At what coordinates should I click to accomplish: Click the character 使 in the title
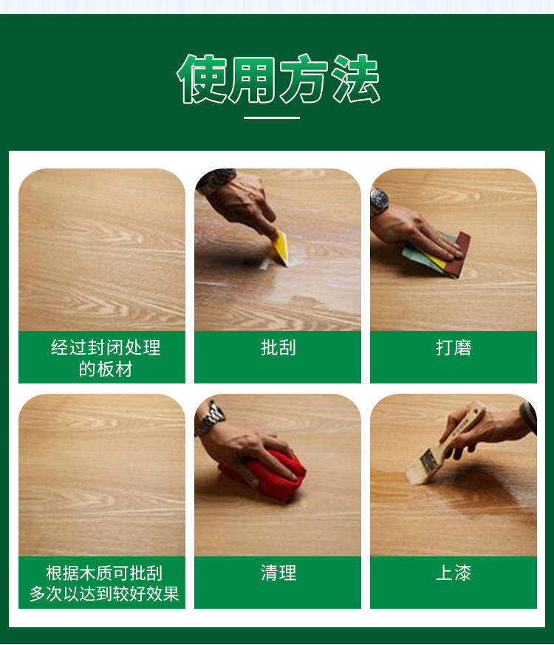[x=201, y=78]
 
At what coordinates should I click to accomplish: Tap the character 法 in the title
[x=356, y=78]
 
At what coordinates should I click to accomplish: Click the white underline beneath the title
[x=271, y=117]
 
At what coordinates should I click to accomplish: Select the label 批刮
[x=278, y=347]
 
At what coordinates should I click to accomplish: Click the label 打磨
[x=454, y=347]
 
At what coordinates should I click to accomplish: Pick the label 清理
[x=278, y=573]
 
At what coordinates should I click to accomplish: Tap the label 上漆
[x=454, y=573]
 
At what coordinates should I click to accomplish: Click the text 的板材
[x=106, y=369]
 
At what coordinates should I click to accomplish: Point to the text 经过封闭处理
[x=106, y=347]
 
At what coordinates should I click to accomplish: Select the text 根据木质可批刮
[x=104, y=573]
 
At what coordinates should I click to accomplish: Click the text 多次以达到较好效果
[x=104, y=593]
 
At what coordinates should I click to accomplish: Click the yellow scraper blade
[x=280, y=248]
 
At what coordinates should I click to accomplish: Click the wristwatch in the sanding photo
[x=379, y=202]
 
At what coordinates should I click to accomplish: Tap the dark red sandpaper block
[x=459, y=254]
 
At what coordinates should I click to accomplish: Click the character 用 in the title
[x=253, y=78]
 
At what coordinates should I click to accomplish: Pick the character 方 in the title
[x=304, y=78]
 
